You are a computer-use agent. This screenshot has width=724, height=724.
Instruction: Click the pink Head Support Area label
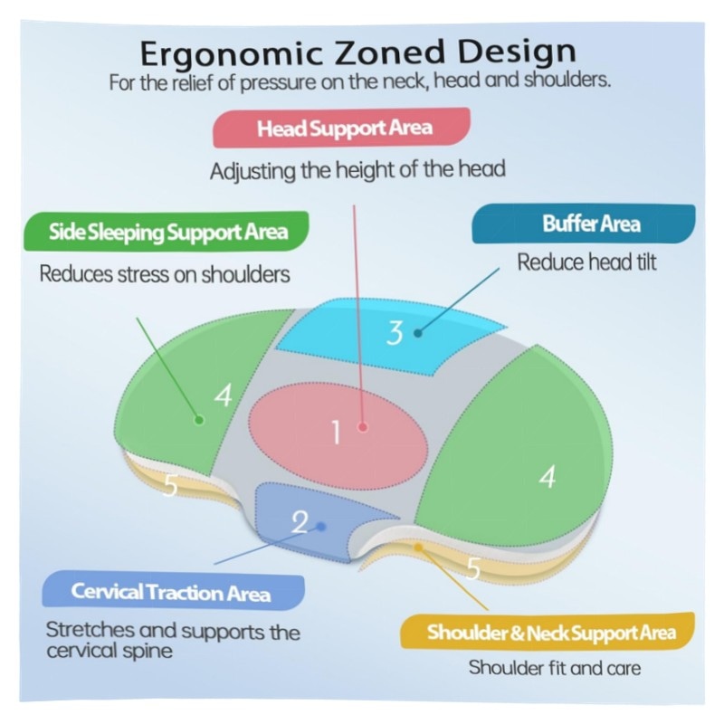point(343,128)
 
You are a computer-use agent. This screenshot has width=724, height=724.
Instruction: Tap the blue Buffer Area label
point(584,224)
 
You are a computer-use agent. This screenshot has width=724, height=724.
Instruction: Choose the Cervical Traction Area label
point(171,593)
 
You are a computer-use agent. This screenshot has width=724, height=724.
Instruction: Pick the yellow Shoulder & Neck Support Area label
point(550,632)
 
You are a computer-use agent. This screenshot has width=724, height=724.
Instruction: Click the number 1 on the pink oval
point(335,433)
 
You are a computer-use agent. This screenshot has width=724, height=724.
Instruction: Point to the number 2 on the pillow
point(300,521)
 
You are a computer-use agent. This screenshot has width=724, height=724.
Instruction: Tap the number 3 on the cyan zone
point(395,333)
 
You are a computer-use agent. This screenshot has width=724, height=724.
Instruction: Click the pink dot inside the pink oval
point(363,426)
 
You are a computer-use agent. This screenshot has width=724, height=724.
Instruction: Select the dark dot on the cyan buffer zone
point(418,333)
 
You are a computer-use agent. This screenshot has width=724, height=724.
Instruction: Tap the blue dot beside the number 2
point(320,525)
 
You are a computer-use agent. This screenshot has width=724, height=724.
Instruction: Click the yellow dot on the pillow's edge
point(418,547)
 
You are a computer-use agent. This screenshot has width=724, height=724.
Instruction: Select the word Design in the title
point(517,52)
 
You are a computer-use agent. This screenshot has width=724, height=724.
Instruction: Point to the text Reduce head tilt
point(586,262)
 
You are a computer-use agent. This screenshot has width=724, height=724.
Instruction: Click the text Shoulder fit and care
point(554,669)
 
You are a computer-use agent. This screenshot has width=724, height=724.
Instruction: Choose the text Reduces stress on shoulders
point(165,273)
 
